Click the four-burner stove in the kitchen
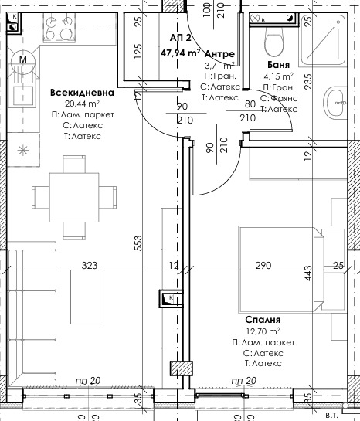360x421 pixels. point(56,29)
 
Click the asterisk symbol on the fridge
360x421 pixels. point(22,149)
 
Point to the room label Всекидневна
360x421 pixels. point(82,93)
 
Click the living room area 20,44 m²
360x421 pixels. point(82,104)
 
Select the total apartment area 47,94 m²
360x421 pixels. point(180,53)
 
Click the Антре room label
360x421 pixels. point(222,53)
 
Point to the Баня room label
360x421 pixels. point(278,66)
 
